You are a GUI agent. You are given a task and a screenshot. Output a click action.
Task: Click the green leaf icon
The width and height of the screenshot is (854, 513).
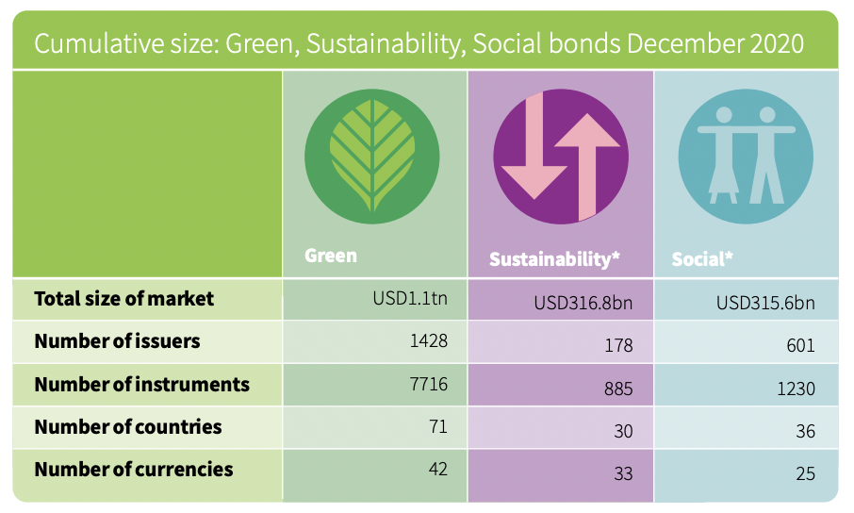point(372,157)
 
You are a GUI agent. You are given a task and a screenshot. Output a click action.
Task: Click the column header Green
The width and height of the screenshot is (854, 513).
point(331,256)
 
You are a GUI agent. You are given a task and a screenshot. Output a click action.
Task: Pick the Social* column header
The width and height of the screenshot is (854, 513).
point(702,258)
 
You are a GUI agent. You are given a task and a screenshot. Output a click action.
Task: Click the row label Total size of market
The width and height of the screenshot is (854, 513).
point(124,299)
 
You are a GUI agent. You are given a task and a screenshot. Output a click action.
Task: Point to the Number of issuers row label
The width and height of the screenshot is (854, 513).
point(117,341)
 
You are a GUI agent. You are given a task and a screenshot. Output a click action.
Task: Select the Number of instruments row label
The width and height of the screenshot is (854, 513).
point(141,385)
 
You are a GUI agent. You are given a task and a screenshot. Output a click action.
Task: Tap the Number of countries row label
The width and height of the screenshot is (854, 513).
point(128,427)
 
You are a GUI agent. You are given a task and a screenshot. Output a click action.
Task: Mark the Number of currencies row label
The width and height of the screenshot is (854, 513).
point(133,470)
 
